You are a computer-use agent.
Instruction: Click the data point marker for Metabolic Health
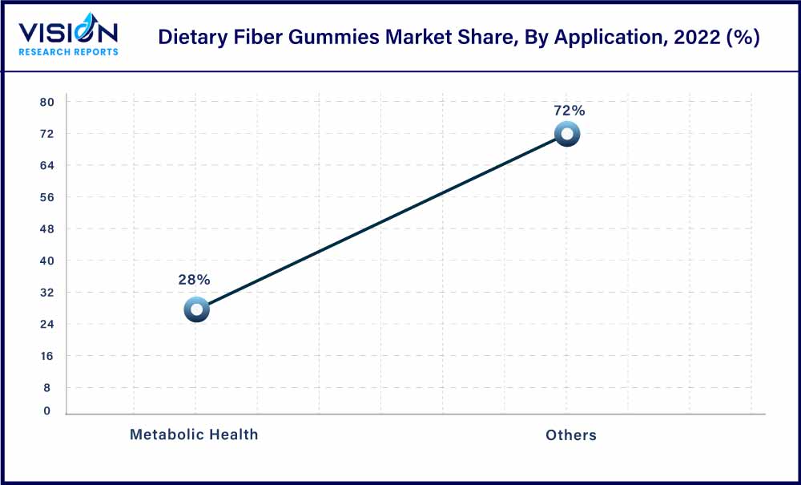tap(196, 309)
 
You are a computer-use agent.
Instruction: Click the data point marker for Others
tap(567, 135)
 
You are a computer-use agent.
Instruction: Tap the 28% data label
tap(194, 280)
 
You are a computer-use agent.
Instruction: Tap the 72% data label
tap(569, 111)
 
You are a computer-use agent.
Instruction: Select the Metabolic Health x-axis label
tap(194, 434)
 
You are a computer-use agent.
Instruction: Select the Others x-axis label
tap(571, 434)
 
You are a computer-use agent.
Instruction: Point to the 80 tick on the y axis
tap(46, 102)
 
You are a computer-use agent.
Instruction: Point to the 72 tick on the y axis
tap(46, 134)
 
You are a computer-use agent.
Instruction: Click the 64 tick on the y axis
tap(46, 165)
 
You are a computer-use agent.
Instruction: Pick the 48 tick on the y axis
tap(46, 229)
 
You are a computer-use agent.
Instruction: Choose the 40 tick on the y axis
tap(46, 261)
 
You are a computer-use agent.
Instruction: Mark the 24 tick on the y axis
tap(46, 324)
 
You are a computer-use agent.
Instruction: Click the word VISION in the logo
tap(68, 33)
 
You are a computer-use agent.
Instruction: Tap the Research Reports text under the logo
tap(69, 52)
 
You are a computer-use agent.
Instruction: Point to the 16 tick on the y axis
tap(46, 356)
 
